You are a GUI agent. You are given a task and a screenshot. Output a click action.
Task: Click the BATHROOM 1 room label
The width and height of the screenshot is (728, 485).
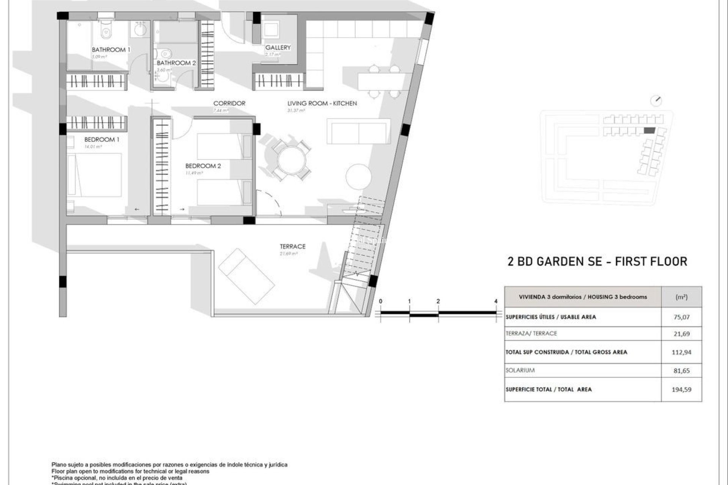click(111, 50)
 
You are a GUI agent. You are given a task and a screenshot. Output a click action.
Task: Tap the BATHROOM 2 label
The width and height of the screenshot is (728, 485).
click(176, 63)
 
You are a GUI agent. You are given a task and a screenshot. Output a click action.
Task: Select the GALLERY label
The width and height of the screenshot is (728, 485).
click(278, 47)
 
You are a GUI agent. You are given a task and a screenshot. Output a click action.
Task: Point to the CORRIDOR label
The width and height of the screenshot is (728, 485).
click(229, 103)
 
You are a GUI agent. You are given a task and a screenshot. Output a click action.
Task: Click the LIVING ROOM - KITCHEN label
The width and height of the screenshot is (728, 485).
click(322, 103)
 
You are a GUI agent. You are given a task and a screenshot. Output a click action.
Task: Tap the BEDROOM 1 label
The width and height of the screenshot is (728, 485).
click(102, 139)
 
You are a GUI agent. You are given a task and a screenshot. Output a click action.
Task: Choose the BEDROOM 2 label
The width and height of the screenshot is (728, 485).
click(203, 166)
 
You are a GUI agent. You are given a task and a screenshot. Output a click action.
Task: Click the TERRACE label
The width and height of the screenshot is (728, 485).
click(292, 246)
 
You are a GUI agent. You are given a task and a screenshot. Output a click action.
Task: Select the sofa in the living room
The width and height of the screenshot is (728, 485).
click(358, 131)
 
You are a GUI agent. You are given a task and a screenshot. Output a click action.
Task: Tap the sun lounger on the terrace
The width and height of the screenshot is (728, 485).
click(246, 276)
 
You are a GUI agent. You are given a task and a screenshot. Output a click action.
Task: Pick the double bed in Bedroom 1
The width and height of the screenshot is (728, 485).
click(95, 175)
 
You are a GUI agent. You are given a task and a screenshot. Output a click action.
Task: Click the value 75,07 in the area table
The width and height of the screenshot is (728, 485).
click(681, 317)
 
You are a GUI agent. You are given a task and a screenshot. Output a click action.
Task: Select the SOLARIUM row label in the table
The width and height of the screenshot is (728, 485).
click(520, 370)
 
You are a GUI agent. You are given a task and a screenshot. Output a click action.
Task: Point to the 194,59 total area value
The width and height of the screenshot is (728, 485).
click(681, 389)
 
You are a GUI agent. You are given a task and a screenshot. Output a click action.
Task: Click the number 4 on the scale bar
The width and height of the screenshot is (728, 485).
click(496, 301)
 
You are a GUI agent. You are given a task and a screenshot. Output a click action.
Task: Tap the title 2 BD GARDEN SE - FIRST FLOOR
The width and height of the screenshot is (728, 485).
click(597, 261)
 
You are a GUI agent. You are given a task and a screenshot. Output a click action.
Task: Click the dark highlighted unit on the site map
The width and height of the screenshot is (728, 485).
click(649, 130)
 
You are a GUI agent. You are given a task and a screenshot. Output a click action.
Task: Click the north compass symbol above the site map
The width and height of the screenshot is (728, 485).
click(656, 101)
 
